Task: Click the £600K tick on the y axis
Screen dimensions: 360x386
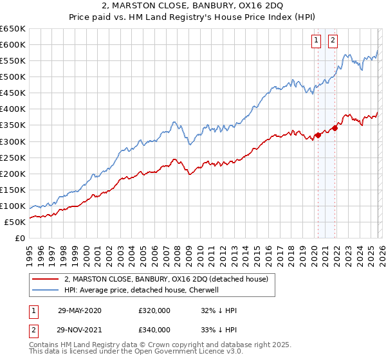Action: coord(13,45)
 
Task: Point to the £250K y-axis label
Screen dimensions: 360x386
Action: coord(13,157)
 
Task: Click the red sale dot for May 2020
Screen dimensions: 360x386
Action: coord(318,135)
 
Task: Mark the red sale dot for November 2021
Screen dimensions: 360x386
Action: coord(335,128)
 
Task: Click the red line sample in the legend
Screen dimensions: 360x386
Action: coord(46,278)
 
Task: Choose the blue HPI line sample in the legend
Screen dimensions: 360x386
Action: coord(46,289)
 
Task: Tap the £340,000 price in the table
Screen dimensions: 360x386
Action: coord(154,331)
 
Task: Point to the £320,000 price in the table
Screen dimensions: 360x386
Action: coord(154,310)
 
